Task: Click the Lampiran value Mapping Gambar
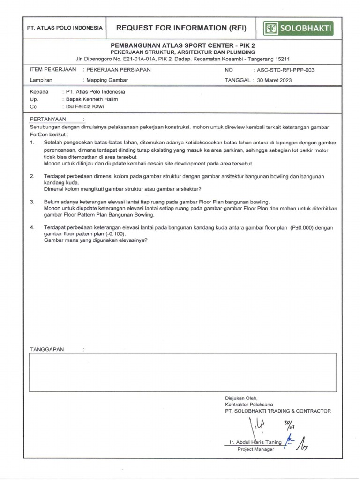point(108,80)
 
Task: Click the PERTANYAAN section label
point(48,119)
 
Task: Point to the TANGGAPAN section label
point(47,350)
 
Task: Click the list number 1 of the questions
point(32,142)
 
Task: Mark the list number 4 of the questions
point(32,227)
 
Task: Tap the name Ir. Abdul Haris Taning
point(255,442)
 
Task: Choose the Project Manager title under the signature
point(255,449)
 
